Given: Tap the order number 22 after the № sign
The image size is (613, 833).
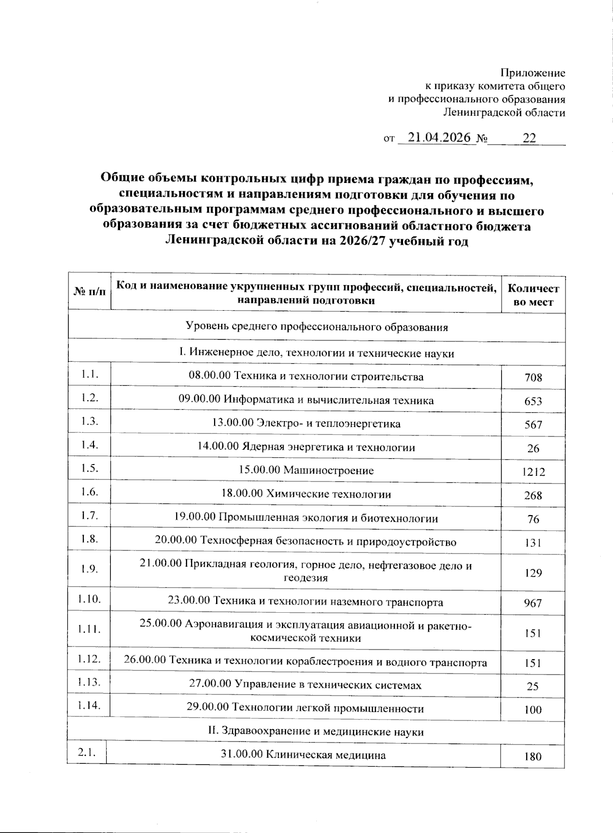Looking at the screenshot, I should [529, 138].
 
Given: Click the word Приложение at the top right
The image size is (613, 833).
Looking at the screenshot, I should [532, 73].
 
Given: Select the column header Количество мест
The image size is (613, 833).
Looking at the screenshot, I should [533, 295].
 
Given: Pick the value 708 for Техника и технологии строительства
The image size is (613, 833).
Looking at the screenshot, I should [533, 378].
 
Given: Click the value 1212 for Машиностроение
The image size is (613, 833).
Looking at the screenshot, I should [533, 472].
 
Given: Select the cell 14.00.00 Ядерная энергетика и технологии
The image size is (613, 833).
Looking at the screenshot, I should [306, 447].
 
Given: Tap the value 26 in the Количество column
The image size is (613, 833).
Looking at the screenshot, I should [533, 448].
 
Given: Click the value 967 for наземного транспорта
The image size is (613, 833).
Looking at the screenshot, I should [533, 603].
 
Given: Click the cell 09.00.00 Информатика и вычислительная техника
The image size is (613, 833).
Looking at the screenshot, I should [306, 400].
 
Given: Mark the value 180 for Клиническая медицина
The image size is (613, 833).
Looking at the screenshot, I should [533, 756].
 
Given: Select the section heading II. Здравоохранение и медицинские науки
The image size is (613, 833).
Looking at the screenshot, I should [316, 732].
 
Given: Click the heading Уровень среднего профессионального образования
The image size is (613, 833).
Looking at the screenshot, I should [316, 327].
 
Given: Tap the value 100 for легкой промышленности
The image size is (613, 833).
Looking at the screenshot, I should [533, 709].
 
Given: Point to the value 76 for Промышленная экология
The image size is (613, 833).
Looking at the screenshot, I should [533, 519].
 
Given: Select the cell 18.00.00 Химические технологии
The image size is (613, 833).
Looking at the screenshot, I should [306, 494].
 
